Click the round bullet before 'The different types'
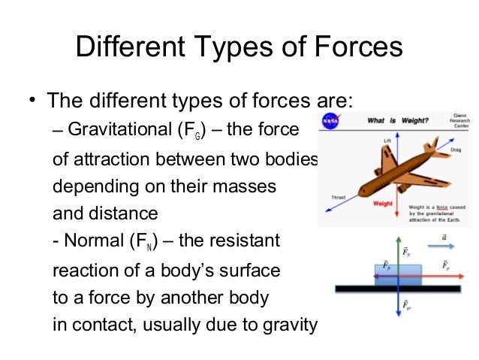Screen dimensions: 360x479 point(32,101)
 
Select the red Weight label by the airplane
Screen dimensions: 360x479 point(383,203)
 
